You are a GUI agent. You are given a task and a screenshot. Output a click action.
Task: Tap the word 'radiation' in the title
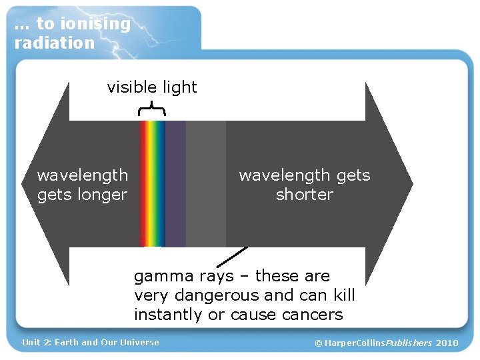55,43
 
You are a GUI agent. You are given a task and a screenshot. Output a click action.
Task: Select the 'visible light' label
152,87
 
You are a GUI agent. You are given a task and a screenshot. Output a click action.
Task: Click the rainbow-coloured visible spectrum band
152,183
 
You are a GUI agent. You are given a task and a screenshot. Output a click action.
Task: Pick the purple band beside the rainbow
175,183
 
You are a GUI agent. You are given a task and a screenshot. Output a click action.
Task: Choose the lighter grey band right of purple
205,183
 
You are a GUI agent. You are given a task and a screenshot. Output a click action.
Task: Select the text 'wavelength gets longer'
82,185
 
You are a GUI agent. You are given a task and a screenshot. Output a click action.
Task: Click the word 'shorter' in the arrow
304,195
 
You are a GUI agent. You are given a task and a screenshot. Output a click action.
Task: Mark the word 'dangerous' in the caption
213,295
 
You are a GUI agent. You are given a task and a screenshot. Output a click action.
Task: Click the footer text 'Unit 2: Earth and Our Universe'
91,343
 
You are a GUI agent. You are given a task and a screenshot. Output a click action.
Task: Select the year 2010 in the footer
447,343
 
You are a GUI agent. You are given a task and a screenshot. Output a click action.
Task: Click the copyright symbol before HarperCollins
318,343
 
